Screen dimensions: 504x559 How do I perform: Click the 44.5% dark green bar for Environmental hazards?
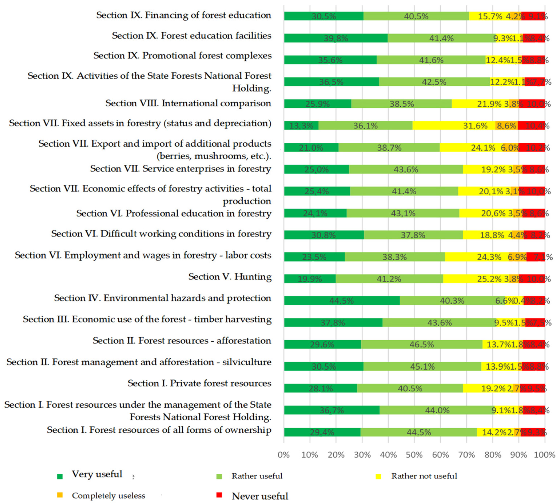342,300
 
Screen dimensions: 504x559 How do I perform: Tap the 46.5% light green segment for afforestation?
422,344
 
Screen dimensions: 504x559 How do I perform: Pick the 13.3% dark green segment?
301,125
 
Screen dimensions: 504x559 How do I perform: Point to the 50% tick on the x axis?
414,455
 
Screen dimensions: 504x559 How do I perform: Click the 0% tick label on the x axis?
284,455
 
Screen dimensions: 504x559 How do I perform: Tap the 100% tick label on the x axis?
545,455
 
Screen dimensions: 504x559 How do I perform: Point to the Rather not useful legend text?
424,476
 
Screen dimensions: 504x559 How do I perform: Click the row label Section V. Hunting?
230,276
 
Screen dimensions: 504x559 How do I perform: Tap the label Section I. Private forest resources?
199,383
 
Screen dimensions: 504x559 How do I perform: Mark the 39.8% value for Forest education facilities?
336,38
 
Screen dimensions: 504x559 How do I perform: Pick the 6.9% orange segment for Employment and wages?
517,257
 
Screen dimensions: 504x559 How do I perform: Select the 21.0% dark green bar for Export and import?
311,147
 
